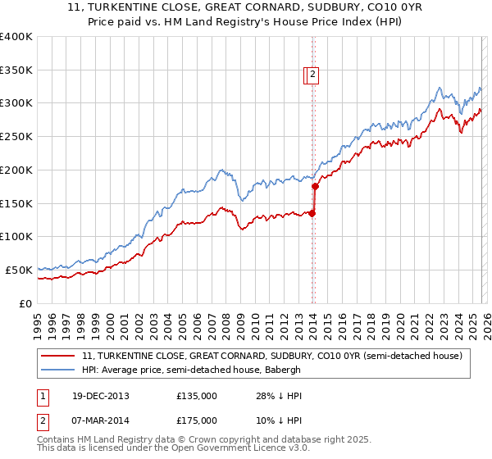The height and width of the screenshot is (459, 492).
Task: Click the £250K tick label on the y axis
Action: (16, 137)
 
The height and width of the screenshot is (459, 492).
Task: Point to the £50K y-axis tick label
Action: (19, 270)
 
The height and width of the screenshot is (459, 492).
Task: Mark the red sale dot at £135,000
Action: (312, 214)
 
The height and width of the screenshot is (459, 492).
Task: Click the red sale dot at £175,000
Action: (315, 187)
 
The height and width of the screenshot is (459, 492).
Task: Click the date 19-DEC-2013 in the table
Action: (100, 396)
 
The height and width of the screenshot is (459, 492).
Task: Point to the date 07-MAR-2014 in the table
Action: (100, 420)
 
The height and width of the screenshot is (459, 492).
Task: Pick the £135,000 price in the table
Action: (197, 396)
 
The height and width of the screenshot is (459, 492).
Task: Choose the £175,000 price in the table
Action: (197, 420)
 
